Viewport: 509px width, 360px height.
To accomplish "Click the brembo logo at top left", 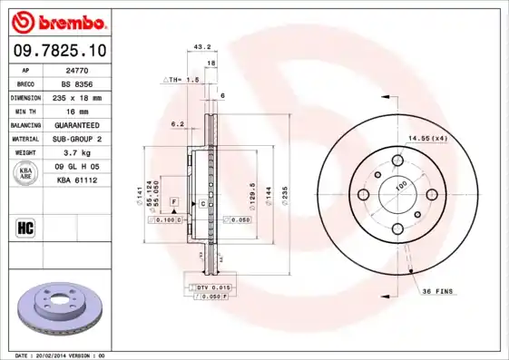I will point(57,21).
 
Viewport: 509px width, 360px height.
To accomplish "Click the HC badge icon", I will point(26,227).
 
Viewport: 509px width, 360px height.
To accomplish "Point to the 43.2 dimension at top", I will point(203,45).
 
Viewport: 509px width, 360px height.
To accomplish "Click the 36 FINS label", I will point(439,291).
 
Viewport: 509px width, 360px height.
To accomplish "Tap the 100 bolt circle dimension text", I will point(400,185).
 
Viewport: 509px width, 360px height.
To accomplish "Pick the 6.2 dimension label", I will point(178,123).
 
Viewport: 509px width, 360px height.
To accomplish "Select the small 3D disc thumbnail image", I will point(57,309).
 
